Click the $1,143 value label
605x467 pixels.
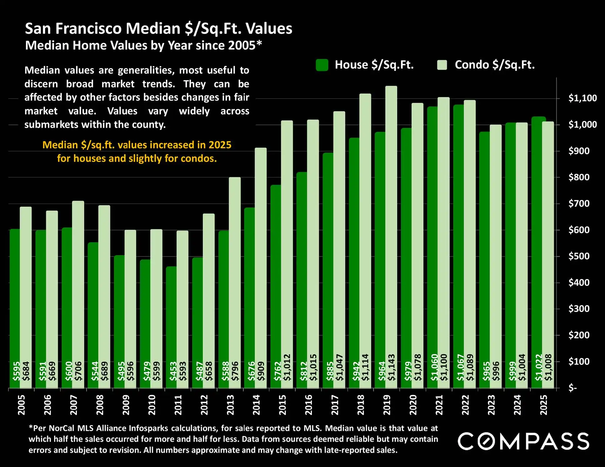391,367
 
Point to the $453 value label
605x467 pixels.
173,371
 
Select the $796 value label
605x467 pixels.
235,371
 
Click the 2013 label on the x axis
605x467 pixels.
230,405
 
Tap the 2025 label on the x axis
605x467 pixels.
544,405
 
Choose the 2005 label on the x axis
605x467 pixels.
21,405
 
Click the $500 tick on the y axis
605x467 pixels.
578,256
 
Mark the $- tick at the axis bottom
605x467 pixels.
572,388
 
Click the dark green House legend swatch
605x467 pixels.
322,65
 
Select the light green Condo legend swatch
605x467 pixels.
442,65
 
